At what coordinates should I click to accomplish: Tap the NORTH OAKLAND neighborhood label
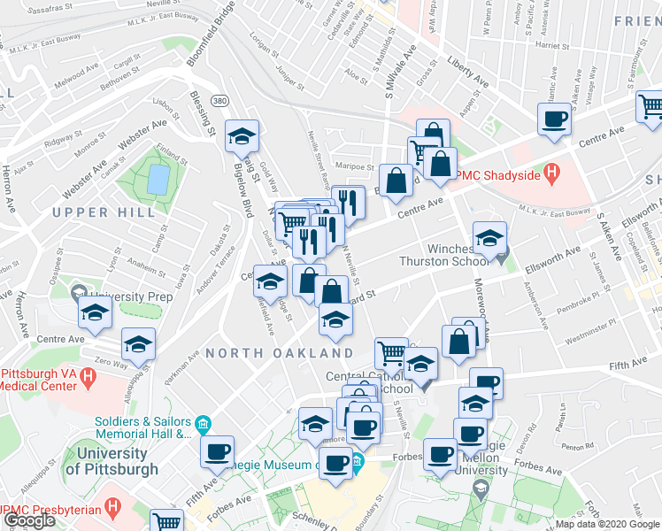[280, 353]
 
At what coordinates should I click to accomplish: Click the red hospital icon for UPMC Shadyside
[552, 172]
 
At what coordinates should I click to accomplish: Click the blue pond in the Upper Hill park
[158, 180]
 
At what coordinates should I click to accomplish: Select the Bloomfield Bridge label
[202, 41]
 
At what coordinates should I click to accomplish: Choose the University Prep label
[131, 296]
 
